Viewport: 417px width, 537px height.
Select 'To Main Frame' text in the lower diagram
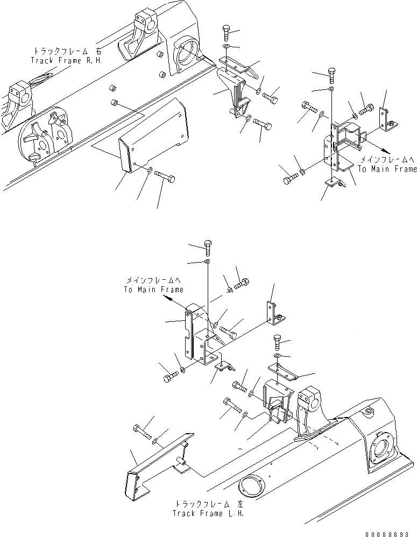click(153, 289)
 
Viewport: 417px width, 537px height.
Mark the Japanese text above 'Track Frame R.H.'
click(67, 51)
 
